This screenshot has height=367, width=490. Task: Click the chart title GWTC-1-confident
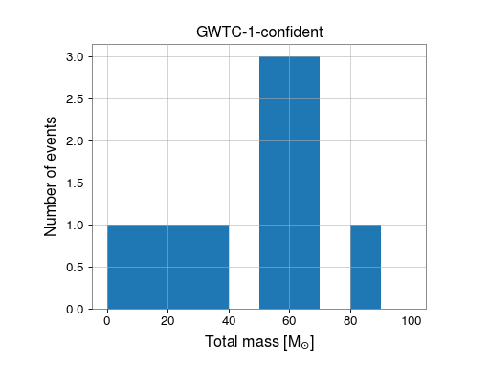tap(258, 31)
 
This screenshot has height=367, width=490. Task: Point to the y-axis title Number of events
tap(52, 177)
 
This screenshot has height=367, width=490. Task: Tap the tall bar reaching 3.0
tap(289, 182)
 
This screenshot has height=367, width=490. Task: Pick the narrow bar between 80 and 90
tap(366, 267)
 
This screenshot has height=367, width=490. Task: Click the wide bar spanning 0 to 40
tap(167, 267)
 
